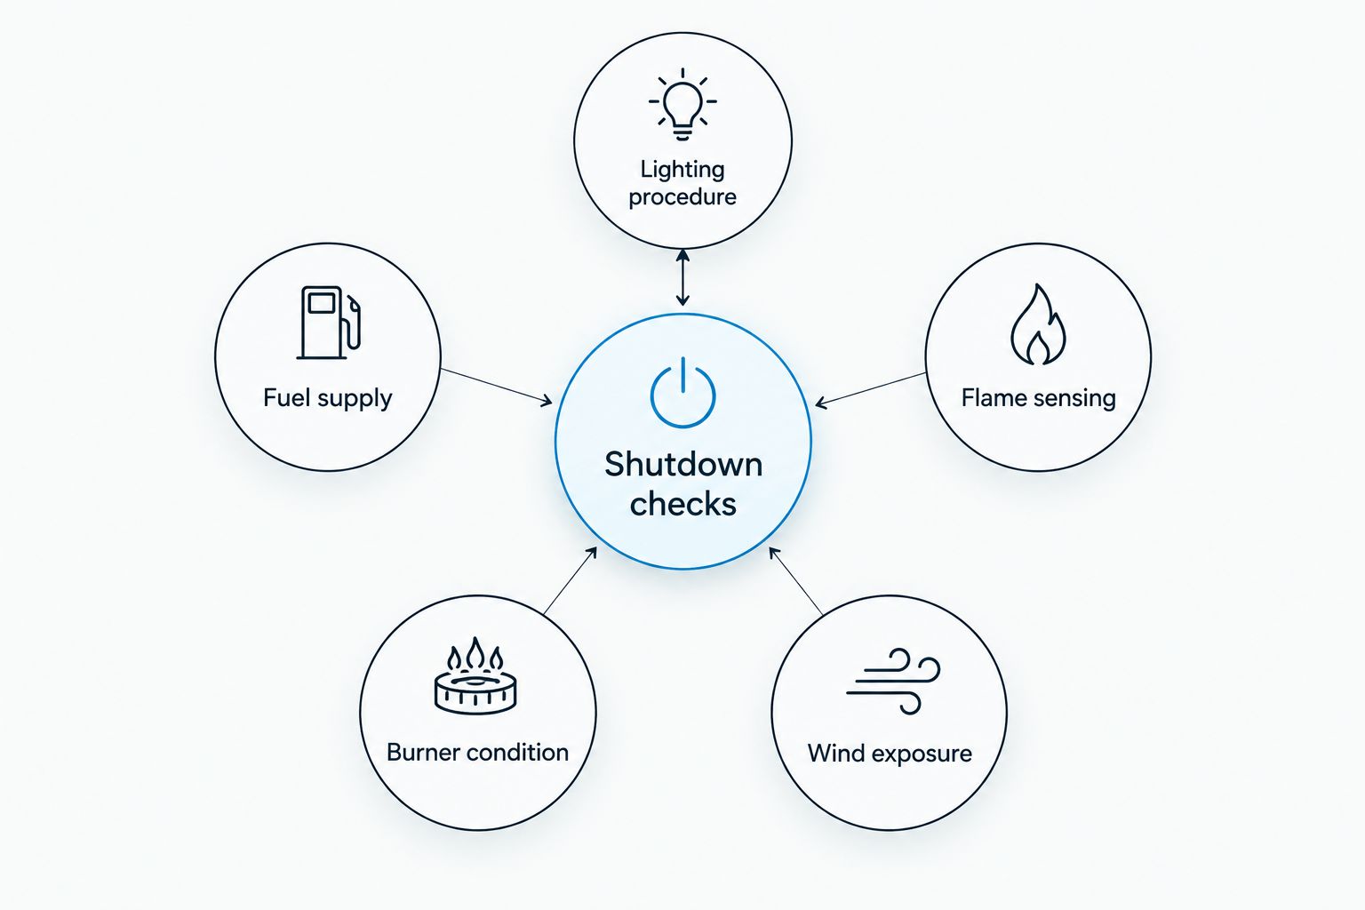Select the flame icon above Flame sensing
click(1038, 325)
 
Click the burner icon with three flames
click(476, 676)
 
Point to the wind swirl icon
click(893, 681)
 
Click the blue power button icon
click(683, 393)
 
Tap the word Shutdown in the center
click(683, 465)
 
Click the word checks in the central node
click(683, 505)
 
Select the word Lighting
click(682, 170)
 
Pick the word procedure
click(682, 197)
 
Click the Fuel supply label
click(328, 399)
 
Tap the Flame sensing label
click(1038, 399)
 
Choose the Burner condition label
click(478, 753)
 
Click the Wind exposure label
click(890, 754)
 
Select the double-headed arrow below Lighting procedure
click(682, 276)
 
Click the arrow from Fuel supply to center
click(496, 386)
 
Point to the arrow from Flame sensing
click(870, 389)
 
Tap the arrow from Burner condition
click(570, 579)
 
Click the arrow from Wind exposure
click(795, 580)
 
